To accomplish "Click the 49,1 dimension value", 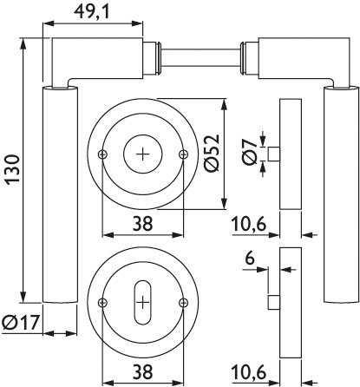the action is pyautogui.click(x=92, y=12).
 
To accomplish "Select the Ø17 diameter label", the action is pyautogui.click(x=20, y=323).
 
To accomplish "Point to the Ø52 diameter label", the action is pyautogui.click(x=212, y=153).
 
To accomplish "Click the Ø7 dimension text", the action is pyautogui.click(x=250, y=151).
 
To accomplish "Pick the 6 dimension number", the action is pyautogui.click(x=249, y=258).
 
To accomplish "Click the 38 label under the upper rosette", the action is pyautogui.click(x=142, y=224).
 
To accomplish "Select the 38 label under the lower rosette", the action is pyautogui.click(x=142, y=372).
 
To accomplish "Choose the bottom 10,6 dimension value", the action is pyautogui.click(x=249, y=372).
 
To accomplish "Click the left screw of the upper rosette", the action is pyautogui.click(x=103, y=154).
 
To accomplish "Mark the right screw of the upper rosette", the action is pyautogui.click(x=183, y=154).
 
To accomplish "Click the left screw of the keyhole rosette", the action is pyautogui.click(x=103, y=303).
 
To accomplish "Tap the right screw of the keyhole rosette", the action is pyautogui.click(x=183, y=303).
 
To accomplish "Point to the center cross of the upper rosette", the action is pyautogui.click(x=143, y=154).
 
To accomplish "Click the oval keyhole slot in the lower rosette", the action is pyautogui.click(x=143, y=303).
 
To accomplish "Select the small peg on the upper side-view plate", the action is pyautogui.click(x=274, y=154).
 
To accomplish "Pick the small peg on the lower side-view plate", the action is pyautogui.click(x=274, y=303).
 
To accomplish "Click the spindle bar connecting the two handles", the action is pyautogui.click(x=200, y=58).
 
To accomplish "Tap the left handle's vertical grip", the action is pyautogui.click(x=60, y=194).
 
